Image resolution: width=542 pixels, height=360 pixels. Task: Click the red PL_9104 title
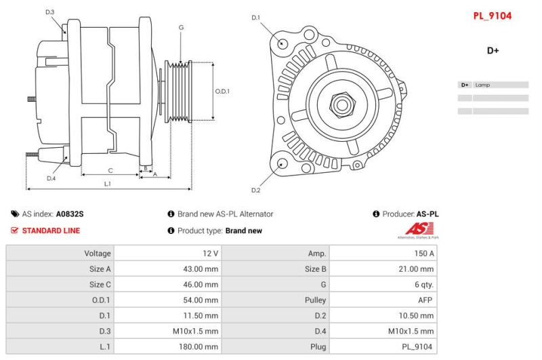coord(492,16)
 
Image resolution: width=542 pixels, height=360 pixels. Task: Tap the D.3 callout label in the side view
coord(50,12)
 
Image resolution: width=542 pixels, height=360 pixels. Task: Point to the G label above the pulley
coord(181,28)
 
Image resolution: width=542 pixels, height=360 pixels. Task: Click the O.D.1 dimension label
coord(223,92)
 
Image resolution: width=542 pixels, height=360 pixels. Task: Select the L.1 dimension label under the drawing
coord(108,184)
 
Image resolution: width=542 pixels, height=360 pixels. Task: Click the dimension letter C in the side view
coord(110,170)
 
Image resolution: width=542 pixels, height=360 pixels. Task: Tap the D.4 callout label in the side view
coord(51,178)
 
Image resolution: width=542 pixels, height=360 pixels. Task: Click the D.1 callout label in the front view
coord(256,17)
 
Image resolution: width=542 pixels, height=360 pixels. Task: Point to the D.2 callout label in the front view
coord(256,190)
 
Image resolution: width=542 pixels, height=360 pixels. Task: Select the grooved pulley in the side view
coord(180,92)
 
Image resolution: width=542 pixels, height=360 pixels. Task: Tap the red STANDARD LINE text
coord(51,231)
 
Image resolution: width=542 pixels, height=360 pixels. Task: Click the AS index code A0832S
coord(70,214)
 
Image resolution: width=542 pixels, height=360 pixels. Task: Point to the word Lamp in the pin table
coord(482,85)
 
